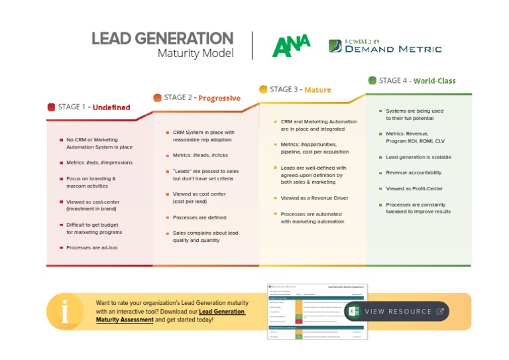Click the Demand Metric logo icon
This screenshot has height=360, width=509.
point(335,46)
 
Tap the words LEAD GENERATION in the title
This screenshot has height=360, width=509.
point(162,38)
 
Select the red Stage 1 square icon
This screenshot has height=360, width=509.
point(51,107)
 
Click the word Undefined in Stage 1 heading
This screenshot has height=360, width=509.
point(111,107)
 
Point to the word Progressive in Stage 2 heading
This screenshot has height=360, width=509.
point(219,98)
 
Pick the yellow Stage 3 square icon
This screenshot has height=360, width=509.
point(263,90)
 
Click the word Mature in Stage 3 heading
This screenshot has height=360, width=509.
point(317,90)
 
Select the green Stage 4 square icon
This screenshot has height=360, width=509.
point(372,80)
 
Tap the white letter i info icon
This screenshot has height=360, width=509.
point(64,311)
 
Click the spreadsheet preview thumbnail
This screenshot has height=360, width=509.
point(315,312)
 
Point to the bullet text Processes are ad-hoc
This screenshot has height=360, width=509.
point(91,247)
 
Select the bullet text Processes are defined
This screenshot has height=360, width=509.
point(199,217)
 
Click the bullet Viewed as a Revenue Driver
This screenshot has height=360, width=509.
point(314,198)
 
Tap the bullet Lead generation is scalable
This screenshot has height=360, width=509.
point(418,157)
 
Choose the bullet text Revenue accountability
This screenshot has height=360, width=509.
point(414,172)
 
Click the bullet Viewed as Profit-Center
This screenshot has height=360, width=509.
point(414,188)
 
